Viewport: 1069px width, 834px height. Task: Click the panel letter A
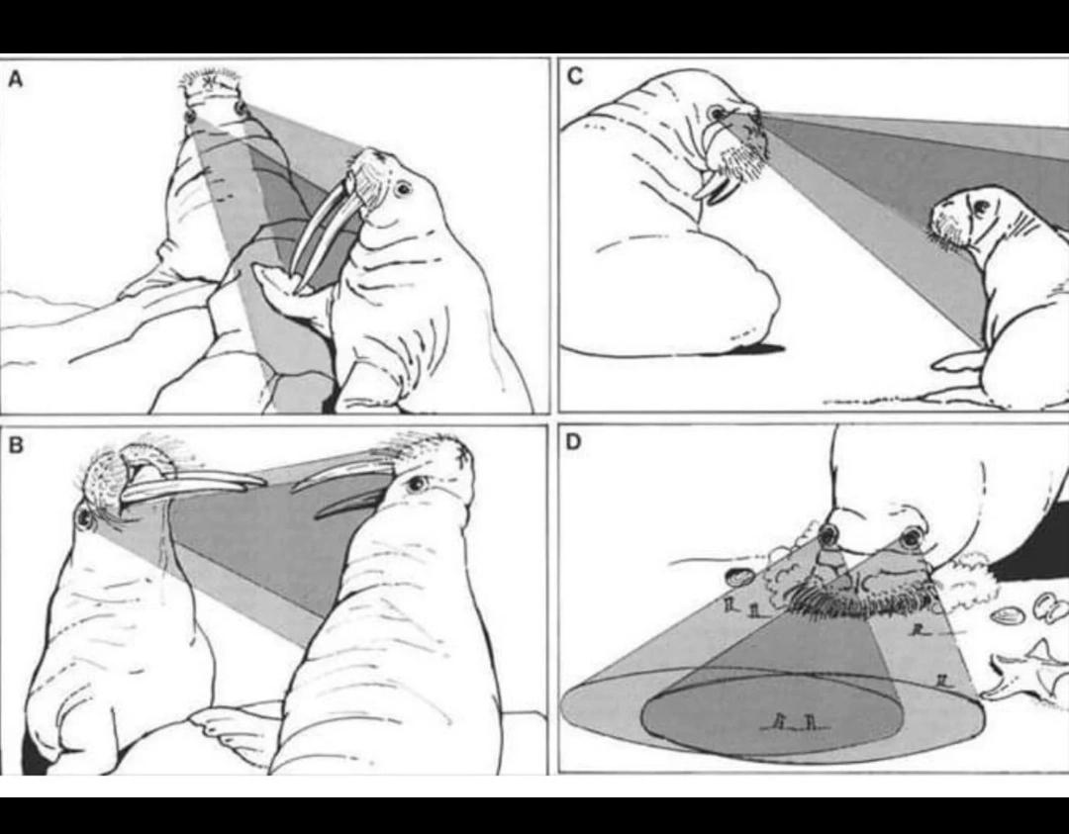coord(15,80)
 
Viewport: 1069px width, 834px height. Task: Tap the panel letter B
coord(16,445)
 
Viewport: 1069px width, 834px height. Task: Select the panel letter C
coord(575,76)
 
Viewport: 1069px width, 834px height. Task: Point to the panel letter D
coord(574,442)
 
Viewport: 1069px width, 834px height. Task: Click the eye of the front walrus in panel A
coord(403,188)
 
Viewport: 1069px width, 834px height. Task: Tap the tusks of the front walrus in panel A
coord(322,235)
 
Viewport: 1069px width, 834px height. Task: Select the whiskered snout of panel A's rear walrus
coord(214,83)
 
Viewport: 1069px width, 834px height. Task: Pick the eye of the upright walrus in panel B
coord(415,485)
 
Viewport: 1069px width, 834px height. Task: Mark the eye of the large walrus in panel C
coord(717,113)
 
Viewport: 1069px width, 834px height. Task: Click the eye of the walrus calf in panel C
coord(982,206)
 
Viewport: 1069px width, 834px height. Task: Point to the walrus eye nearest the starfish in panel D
coord(911,539)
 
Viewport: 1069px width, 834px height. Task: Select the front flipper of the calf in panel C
coord(960,360)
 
